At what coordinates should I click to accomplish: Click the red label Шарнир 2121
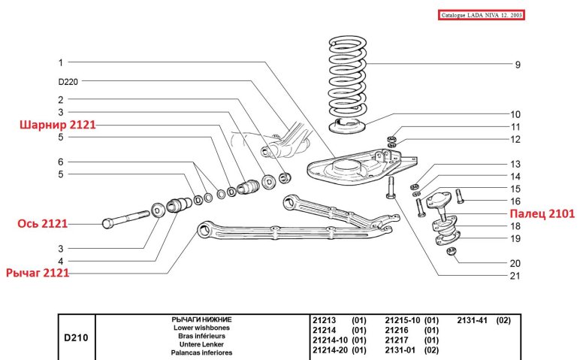point(57,125)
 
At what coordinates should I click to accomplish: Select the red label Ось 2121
point(44,223)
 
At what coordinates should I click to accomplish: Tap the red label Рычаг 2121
point(38,273)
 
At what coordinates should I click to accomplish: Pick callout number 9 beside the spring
point(517,65)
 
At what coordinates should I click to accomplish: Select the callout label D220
point(68,81)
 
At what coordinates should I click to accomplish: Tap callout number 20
point(515,264)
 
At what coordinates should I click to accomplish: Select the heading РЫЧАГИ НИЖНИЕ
point(201,320)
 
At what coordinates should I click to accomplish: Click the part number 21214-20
point(329,350)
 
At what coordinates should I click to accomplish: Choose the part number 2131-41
point(473,320)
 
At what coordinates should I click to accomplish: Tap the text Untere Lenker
point(201,344)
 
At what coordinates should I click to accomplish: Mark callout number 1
point(60,62)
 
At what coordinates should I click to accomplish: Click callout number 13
point(515,164)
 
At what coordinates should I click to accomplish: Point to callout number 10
point(516,114)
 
